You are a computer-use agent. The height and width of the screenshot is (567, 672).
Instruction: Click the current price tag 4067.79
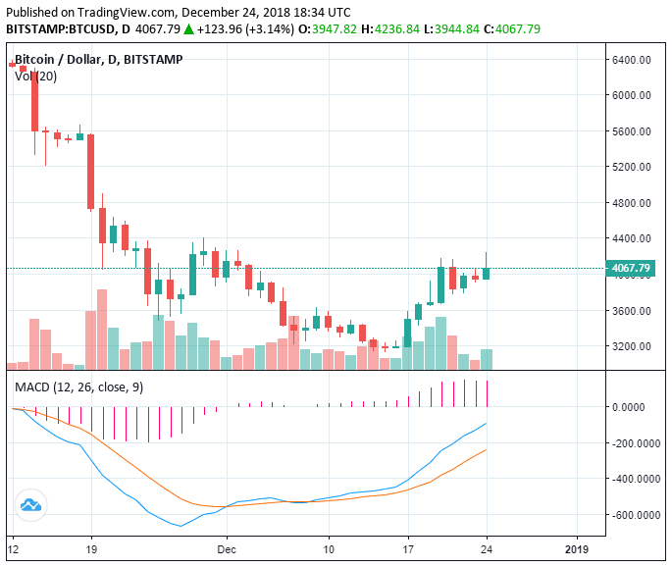pyautogui.click(x=632, y=268)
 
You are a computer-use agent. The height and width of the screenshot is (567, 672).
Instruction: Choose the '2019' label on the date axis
pyautogui.click(x=577, y=549)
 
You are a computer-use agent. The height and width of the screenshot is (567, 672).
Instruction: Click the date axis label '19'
pyautogui.click(x=91, y=549)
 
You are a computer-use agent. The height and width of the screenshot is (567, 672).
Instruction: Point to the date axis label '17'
pyautogui.click(x=407, y=549)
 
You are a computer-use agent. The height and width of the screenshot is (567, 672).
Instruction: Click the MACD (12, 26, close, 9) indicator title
pyautogui.click(x=78, y=387)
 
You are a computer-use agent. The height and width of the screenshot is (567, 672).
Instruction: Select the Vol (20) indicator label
pyautogui.click(x=35, y=77)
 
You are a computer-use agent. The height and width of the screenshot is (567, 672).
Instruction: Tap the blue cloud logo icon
pyautogui.click(x=30, y=505)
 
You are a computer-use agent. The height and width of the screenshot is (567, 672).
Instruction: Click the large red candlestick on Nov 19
pyautogui.click(x=91, y=172)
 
